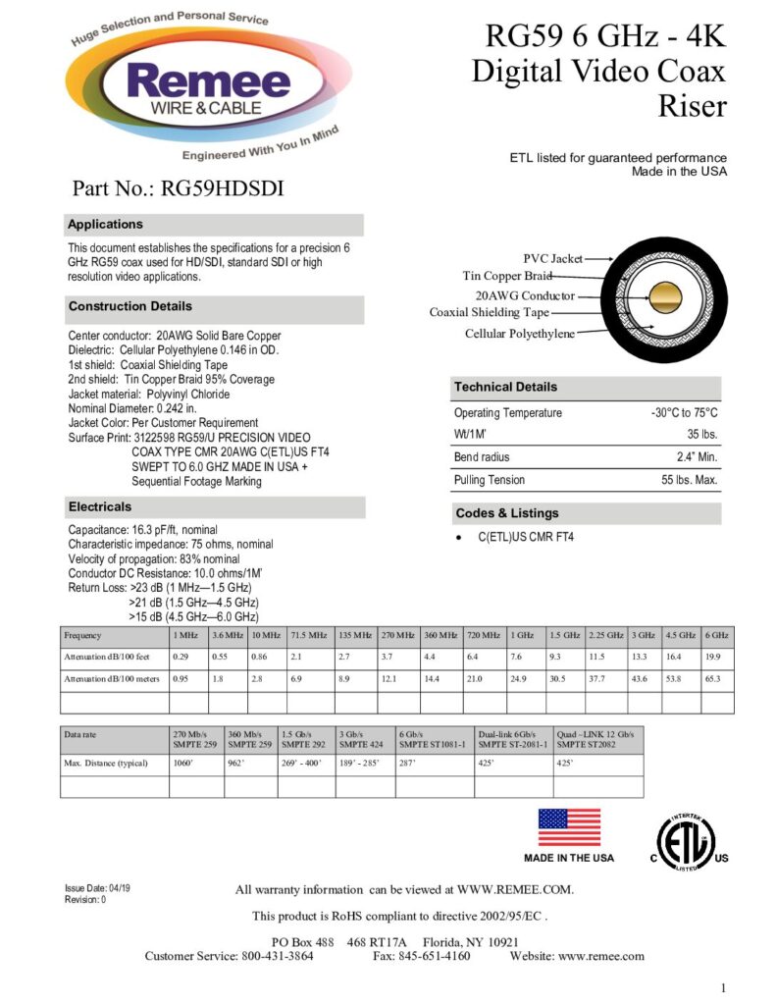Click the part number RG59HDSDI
pyautogui.click(x=178, y=188)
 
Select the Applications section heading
pyautogui.click(x=105, y=225)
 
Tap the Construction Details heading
pyautogui.click(x=130, y=307)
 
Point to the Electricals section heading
pyautogui.click(x=99, y=507)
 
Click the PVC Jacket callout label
pyautogui.click(x=552, y=259)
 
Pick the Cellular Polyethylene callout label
pyautogui.click(x=520, y=335)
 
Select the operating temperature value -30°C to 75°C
pyautogui.click(x=684, y=413)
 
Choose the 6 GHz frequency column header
pyautogui.click(x=717, y=636)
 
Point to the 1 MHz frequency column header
pyautogui.click(x=186, y=636)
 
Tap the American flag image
pyautogui.click(x=569, y=827)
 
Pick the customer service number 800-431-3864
pyautogui.click(x=277, y=956)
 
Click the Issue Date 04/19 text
pyautogui.click(x=97, y=888)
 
